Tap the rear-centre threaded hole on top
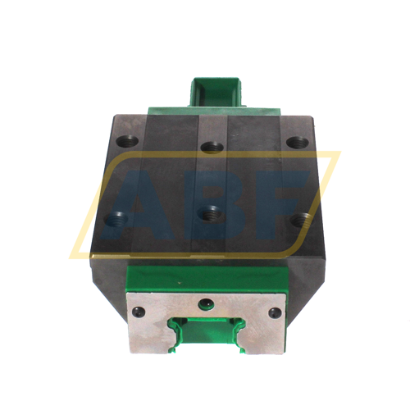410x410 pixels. (x=213, y=149)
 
